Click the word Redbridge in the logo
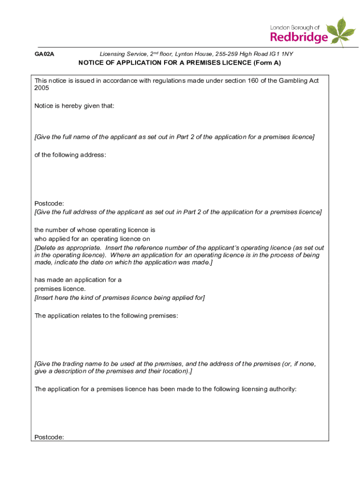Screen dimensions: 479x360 pyautogui.click(x=299, y=37)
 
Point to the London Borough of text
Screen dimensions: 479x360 pyautogui.click(x=295, y=28)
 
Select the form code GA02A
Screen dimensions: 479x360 pyautogui.click(x=44, y=54)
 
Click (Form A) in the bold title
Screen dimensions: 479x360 pyautogui.click(x=264, y=63)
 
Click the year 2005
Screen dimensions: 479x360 pyautogui.click(x=42, y=88)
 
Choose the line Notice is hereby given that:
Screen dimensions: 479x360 pyautogui.click(x=74, y=106)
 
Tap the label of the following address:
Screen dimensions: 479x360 pyautogui.click(x=70, y=155)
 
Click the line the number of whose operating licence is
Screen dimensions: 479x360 pyautogui.click(x=94, y=230)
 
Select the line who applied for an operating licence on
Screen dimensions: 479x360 pyautogui.click(x=92, y=239)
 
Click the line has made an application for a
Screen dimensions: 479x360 pyautogui.click(x=78, y=280)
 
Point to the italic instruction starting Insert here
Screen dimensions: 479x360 pyautogui.click(x=120, y=298)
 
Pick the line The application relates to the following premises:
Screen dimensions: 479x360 pyautogui.click(x=106, y=316)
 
